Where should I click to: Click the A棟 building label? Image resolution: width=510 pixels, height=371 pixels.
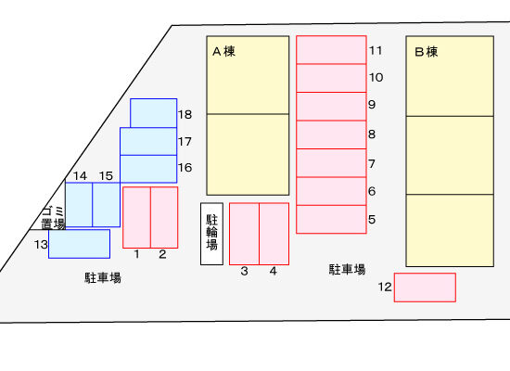tap(223, 51)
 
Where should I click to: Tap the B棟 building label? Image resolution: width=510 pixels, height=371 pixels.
tap(427, 52)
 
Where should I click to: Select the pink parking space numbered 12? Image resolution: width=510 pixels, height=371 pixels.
tap(425, 288)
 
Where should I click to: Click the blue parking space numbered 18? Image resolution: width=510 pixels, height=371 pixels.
tap(154, 113)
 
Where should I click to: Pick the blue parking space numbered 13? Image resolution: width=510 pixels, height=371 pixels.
tap(79, 244)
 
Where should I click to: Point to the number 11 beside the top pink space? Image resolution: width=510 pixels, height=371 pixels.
tap(376, 50)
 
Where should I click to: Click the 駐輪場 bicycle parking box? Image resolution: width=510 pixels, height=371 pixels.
tap(211, 234)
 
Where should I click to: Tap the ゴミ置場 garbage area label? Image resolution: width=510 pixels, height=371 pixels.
tap(54, 218)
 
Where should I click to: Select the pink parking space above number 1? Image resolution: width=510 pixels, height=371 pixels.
tap(136, 217)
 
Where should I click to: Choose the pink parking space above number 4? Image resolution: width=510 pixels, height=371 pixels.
tap(274, 234)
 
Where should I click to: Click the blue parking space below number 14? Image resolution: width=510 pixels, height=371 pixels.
tap(79, 205)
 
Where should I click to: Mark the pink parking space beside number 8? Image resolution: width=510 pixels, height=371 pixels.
tap(331, 134)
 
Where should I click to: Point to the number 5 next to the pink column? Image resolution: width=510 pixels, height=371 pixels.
tap(372, 219)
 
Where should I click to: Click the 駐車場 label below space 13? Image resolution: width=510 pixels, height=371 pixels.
tap(103, 278)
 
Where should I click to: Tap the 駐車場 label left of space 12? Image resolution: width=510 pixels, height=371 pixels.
tap(347, 270)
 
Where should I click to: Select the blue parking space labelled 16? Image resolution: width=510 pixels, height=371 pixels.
tap(148, 169)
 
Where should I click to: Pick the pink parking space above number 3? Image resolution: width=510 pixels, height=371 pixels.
tap(244, 234)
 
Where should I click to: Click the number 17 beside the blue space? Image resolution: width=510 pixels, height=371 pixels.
tap(185, 142)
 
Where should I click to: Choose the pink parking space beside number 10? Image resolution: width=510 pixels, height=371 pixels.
tap(331, 78)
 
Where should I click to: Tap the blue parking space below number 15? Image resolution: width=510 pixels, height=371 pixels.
tap(107, 205)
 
